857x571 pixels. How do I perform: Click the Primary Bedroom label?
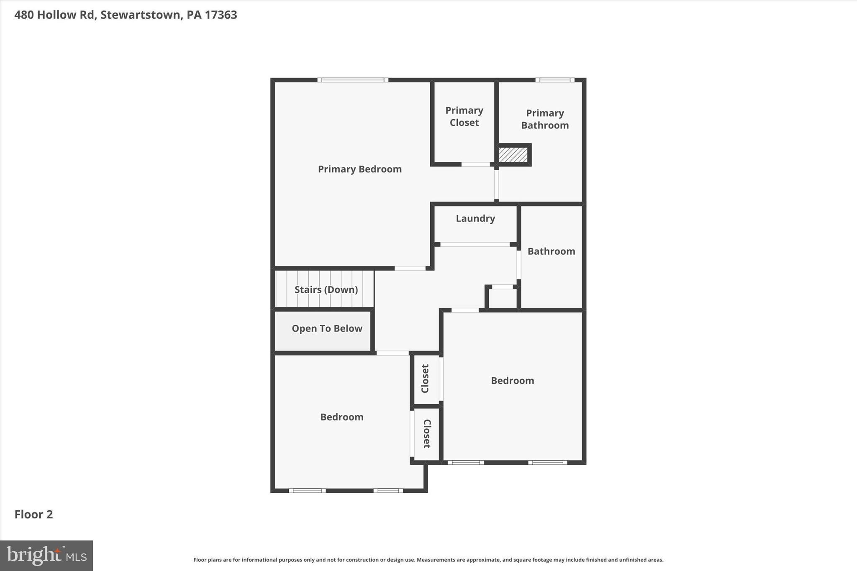pyautogui.click(x=359, y=169)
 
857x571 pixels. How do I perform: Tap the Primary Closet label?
pyautogui.click(x=464, y=116)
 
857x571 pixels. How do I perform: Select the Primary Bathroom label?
pyautogui.click(x=545, y=119)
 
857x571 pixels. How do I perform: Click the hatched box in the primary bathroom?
pyautogui.click(x=513, y=155)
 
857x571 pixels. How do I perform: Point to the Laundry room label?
pyautogui.click(x=475, y=218)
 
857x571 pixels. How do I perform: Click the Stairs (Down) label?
pyautogui.click(x=326, y=289)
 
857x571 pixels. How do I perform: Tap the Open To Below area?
pyautogui.click(x=327, y=328)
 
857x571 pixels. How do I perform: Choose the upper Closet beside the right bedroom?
pyautogui.click(x=426, y=379)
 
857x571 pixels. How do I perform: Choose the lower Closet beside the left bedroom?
pyautogui.click(x=426, y=434)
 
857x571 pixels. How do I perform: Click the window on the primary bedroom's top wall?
pyautogui.click(x=352, y=80)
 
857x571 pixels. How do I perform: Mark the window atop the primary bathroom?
pyautogui.click(x=555, y=80)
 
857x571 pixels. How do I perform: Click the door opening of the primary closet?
pyautogui.click(x=475, y=164)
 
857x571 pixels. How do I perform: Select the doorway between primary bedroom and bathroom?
pyautogui.click(x=496, y=184)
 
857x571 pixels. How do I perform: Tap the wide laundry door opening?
pyautogui.click(x=475, y=244)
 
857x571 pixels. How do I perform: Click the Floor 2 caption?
pyautogui.click(x=34, y=514)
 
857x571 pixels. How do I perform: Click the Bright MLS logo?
pyautogui.click(x=46, y=556)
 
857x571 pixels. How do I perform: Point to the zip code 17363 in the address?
pyautogui.click(x=221, y=15)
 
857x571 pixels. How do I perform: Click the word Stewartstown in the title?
pyautogui.click(x=140, y=15)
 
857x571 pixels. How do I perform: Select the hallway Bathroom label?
pyautogui.click(x=551, y=251)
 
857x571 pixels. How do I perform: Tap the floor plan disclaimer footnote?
pyautogui.click(x=428, y=560)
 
